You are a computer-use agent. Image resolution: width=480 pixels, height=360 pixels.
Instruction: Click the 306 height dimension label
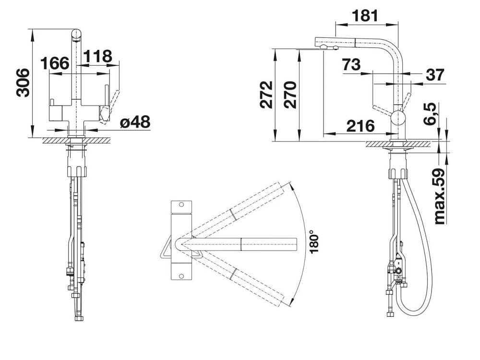coord(22,83)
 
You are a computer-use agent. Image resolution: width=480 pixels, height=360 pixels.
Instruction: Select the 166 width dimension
coord(55,63)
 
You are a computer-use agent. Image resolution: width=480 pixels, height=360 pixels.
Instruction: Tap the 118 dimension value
coord(98,57)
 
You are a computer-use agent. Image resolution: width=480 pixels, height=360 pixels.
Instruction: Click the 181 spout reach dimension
coord(365,16)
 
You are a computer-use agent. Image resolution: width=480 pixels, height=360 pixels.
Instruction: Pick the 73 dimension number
coord(351,64)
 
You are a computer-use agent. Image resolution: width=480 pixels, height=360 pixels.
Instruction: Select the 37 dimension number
coord(434,75)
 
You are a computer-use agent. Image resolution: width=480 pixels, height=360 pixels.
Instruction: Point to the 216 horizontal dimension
coord(360,126)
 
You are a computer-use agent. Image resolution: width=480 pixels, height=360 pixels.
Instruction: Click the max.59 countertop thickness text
coord(439,196)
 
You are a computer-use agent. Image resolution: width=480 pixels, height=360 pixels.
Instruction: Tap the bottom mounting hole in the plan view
coord(181,276)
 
